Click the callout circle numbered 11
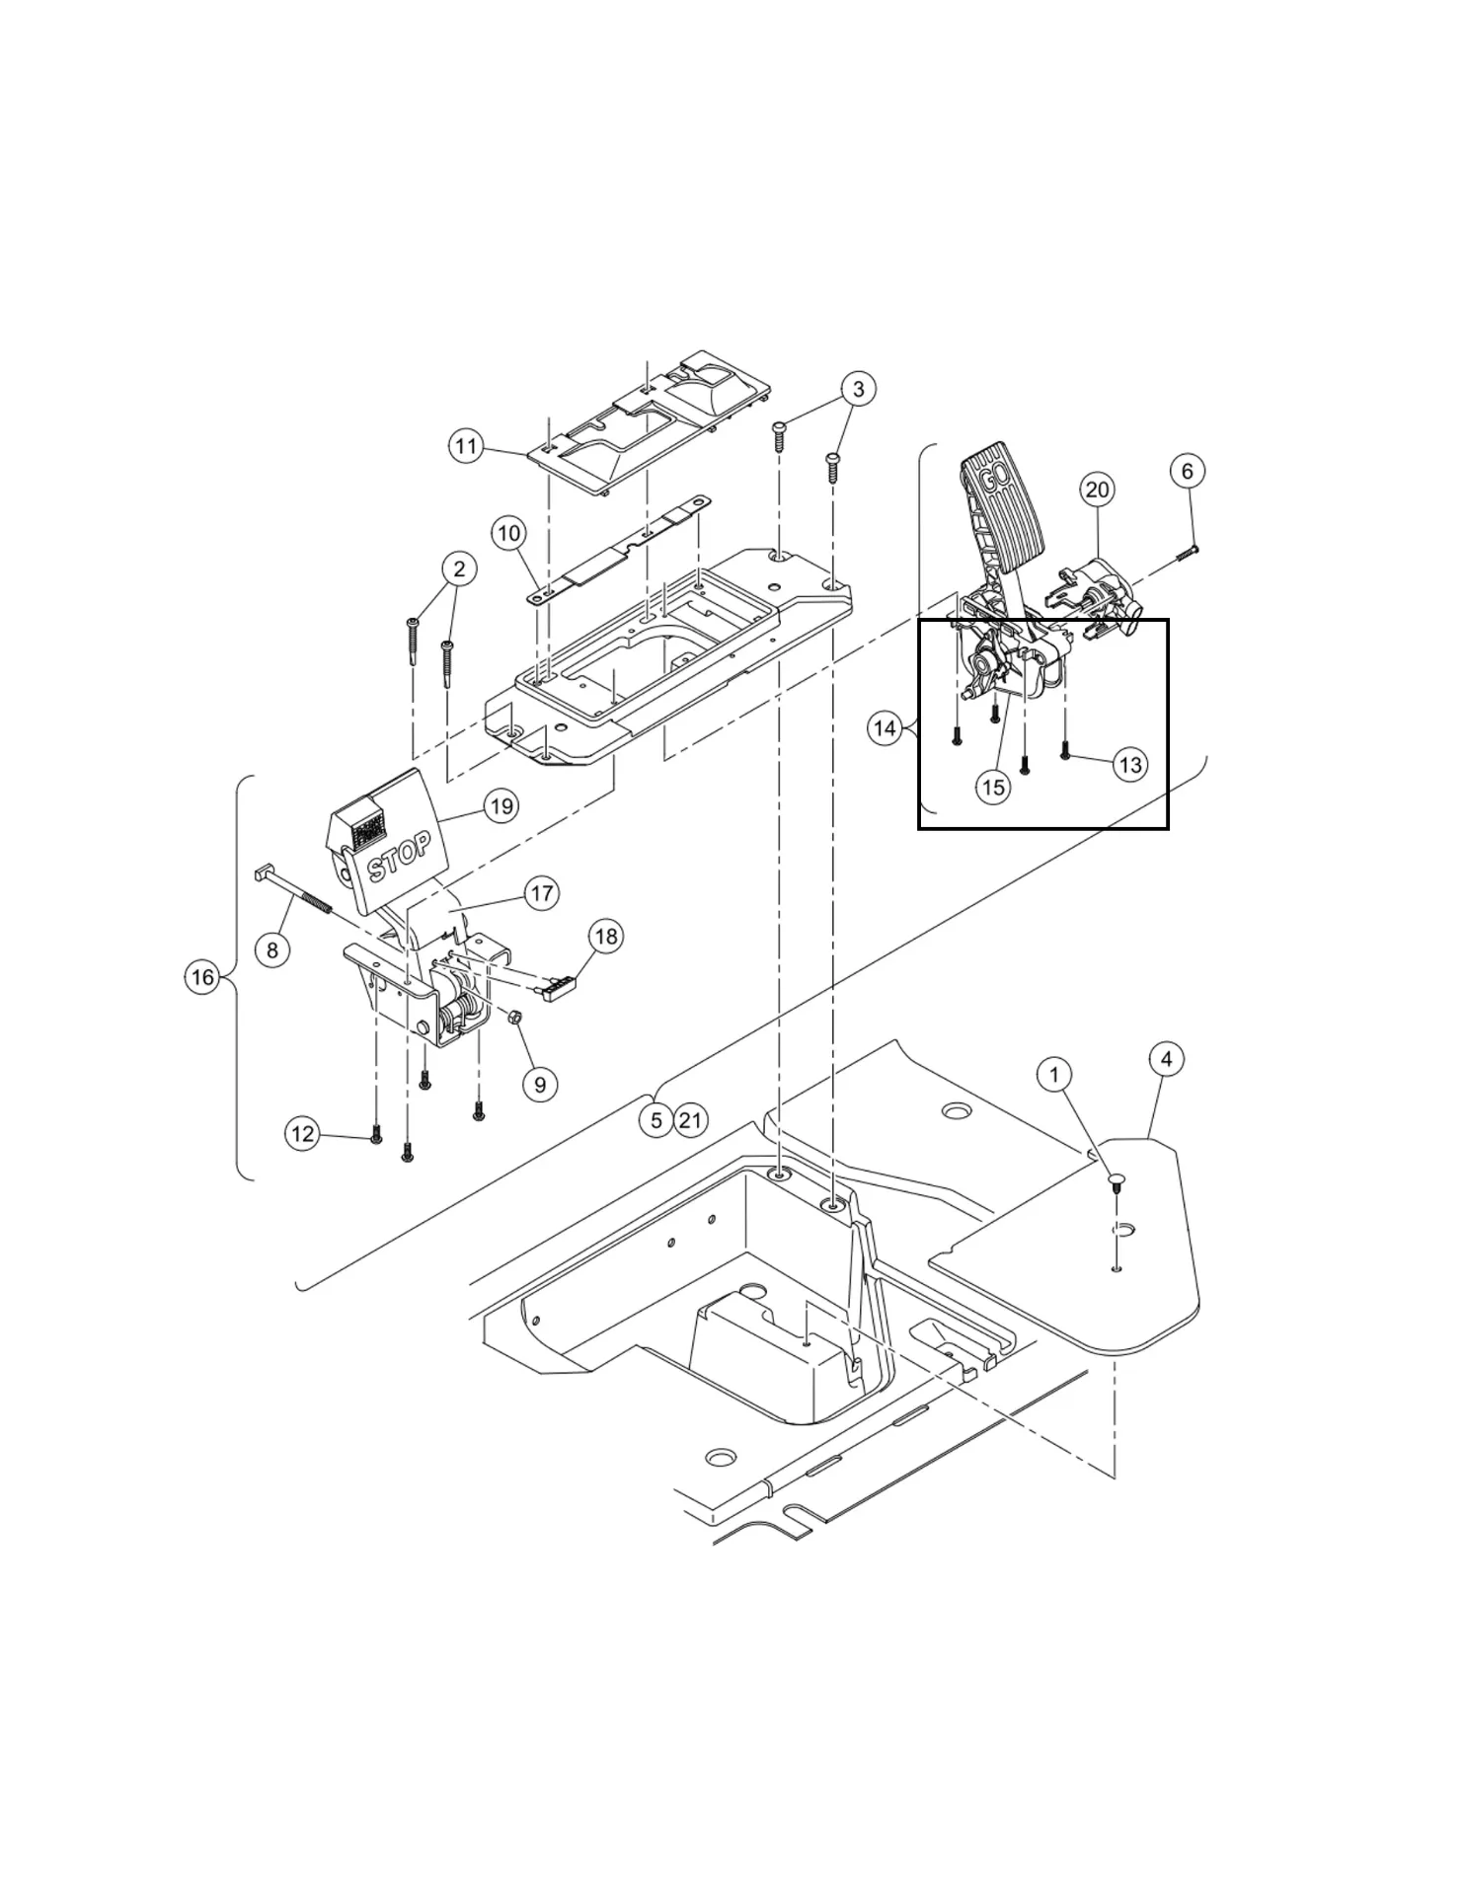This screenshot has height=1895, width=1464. click(466, 446)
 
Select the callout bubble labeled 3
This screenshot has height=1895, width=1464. click(858, 389)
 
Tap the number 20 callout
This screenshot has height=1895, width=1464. click(1097, 489)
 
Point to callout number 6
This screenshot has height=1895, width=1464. click(1187, 471)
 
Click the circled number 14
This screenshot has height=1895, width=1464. click(885, 728)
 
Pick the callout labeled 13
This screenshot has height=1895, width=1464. click(1130, 764)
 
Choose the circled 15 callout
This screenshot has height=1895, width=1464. click(993, 787)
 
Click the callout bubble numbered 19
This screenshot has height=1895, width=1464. click(501, 806)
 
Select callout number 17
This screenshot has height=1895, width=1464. click(541, 894)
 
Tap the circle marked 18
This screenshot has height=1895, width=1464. click(606, 936)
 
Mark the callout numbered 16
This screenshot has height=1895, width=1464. click(202, 977)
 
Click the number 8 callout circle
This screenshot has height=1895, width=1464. click(272, 949)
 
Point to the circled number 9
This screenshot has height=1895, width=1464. click(539, 1085)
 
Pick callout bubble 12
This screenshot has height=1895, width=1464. click(302, 1134)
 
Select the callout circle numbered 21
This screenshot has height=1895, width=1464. click(690, 1120)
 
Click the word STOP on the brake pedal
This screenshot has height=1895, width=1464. click(399, 857)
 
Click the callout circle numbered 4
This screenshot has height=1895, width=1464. click(1166, 1059)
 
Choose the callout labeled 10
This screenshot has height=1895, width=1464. click(508, 534)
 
